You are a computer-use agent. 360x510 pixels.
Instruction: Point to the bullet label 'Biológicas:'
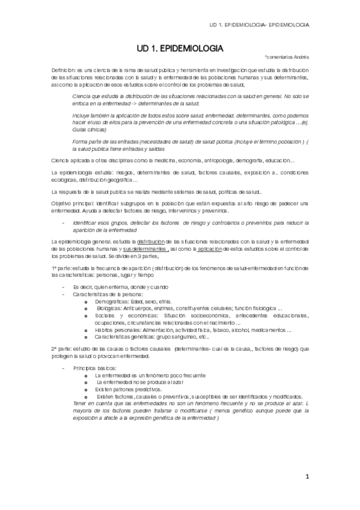tap(112, 308)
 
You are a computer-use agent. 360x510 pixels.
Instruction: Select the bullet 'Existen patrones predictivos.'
tap(124, 389)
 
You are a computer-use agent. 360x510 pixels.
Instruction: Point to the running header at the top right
tap(259, 25)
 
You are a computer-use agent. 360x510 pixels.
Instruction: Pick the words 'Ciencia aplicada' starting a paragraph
tap(71, 161)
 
